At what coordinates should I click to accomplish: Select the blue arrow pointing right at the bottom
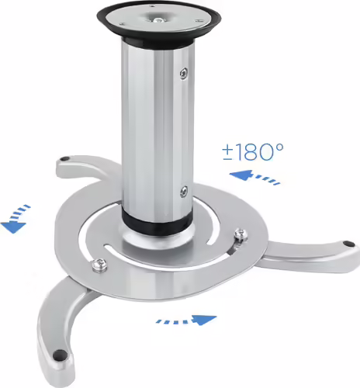coord(186,319)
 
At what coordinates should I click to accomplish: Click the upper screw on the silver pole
coord(183,74)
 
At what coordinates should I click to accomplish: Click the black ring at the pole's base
coord(155,220)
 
